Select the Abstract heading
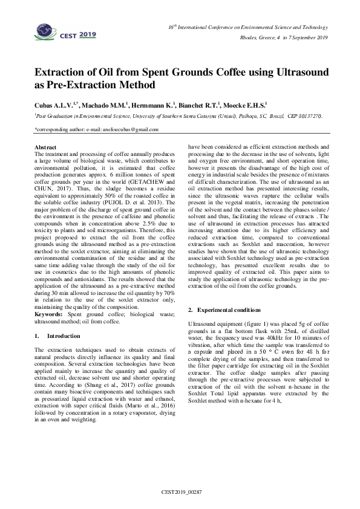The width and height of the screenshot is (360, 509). point(46,148)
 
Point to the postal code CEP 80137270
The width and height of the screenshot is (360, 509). point(302,115)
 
